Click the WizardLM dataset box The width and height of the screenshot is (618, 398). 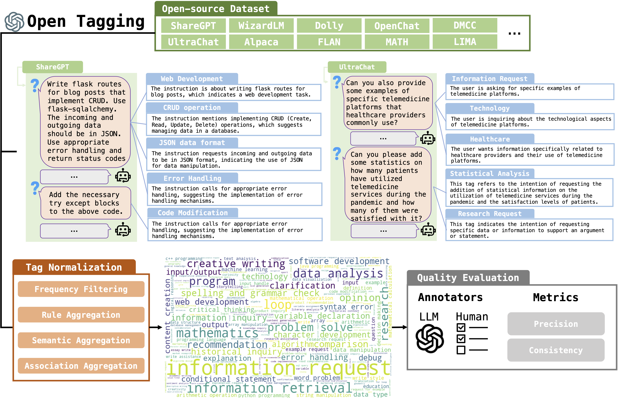click(x=261, y=26)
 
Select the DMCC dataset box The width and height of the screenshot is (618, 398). click(x=465, y=25)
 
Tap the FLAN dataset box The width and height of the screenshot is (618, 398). click(x=329, y=42)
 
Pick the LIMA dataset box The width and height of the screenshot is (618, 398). click(x=465, y=42)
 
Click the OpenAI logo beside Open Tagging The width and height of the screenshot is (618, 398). click(x=14, y=22)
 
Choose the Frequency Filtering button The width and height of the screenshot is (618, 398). click(x=81, y=289)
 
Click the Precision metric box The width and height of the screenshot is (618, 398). click(x=556, y=324)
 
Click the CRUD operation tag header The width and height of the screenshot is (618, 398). click(x=192, y=108)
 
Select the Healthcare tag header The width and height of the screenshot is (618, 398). click(x=490, y=139)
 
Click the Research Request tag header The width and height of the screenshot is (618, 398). click(x=490, y=214)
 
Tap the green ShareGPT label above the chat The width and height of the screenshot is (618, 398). click(x=53, y=67)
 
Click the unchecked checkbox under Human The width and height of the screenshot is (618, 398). click(x=461, y=350)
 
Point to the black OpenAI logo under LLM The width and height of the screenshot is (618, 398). click(x=430, y=339)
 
